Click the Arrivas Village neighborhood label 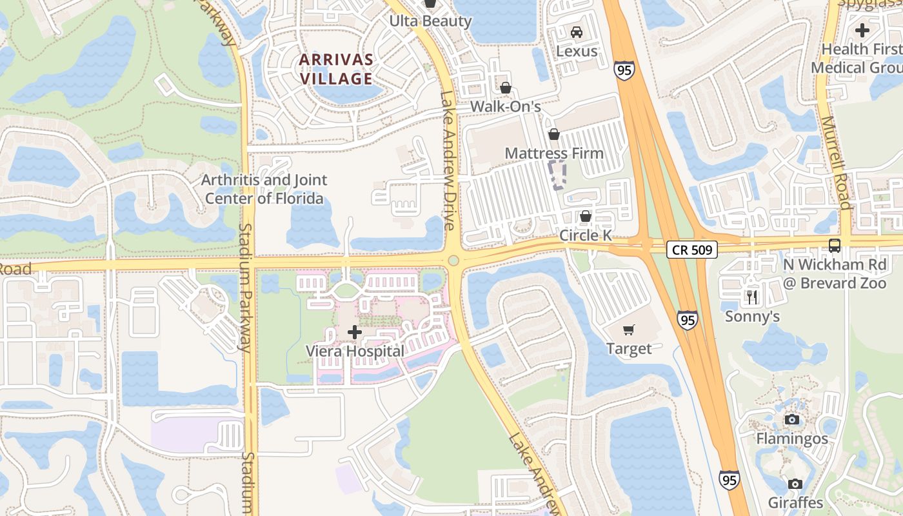point(336,69)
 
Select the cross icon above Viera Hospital point(354,333)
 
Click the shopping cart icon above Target point(629,330)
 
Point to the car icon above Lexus point(577,32)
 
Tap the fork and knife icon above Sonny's point(752,297)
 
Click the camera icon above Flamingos point(792,420)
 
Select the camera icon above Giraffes point(795,484)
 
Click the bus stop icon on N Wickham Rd point(835,246)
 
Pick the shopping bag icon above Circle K point(586,216)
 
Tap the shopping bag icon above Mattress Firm point(553,134)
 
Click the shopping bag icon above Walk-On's point(506,87)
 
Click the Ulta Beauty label point(430,21)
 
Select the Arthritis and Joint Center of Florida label point(264,189)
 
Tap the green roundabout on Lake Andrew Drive point(453,261)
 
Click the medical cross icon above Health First point(862,30)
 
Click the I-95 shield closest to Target point(687,320)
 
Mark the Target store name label point(629,349)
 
